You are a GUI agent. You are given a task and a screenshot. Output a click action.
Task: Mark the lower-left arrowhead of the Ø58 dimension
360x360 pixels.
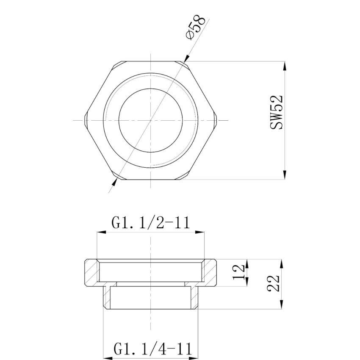(x=115, y=181)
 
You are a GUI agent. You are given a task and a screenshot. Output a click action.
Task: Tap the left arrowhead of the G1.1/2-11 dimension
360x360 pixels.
(x=100, y=232)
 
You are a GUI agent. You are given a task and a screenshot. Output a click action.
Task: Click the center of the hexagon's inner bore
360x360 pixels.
(x=151, y=120)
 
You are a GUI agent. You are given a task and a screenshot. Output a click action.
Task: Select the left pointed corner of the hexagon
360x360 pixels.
(x=86, y=120)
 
